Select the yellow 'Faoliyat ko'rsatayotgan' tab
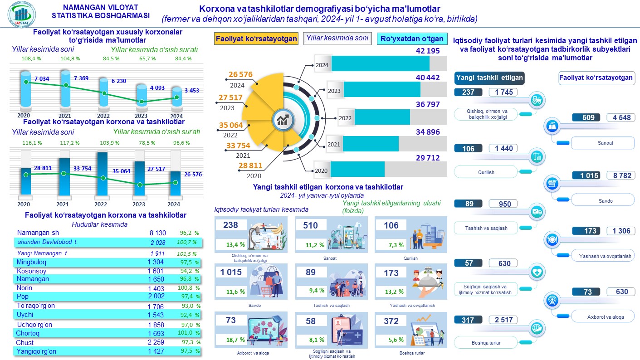pos(256,39)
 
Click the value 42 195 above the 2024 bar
pos(428,51)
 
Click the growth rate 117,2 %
pos(69,143)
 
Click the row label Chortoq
pos(28,334)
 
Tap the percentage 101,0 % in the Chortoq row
pos(188,334)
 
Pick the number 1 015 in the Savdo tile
pos(231,272)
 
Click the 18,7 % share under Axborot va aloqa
pos(236,340)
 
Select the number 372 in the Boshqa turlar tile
pos(391,321)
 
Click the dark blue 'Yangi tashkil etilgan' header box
pos(489,78)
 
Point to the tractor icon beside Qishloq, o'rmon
pos(537,100)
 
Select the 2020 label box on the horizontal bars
pos(321,170)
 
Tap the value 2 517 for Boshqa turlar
pos(504,320)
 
